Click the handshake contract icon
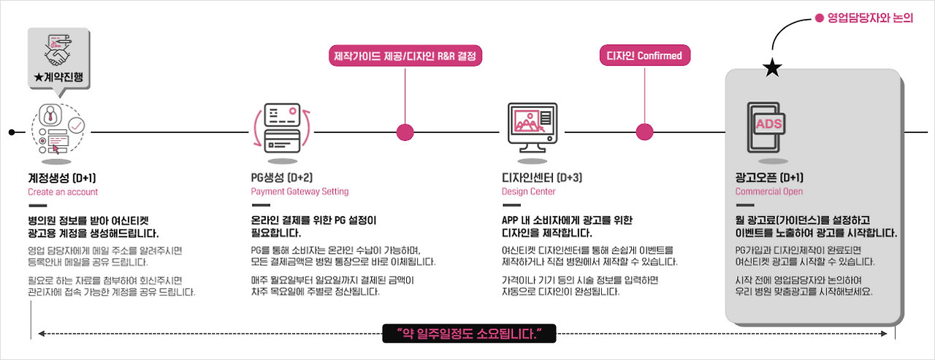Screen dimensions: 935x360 pyautogui.click(x=58, y=50)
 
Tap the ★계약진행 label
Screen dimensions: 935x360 pyautogui.click(x=58, y=77)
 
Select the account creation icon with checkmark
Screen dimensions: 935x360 pyautogui.click(x=58, y=129)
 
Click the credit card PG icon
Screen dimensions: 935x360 pyautogui.click(x=283, y=128)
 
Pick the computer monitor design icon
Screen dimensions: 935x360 pyautogui.click(x=533, y=128)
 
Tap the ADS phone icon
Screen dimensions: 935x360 pyautogui.click(x=766, y=127)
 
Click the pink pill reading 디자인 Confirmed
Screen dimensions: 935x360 pyautogui.click(x=644, y=55)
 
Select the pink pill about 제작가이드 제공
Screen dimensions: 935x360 pyautogui.click(x=405, y=56)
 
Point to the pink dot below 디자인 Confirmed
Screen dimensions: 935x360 pyautogui.click(x=644, y=132)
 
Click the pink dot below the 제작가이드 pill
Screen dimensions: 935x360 pyautogui.click(x=405, y=132)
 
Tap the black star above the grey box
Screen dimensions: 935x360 pyautogui.click(x=772, y=68)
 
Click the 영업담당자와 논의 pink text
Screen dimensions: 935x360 pyautogui.click(x=870, y=18)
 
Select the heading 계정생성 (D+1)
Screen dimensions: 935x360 pyautogui.click(x=62, y=178)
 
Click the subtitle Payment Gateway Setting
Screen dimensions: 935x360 pyautogui.click(x=299, y=191)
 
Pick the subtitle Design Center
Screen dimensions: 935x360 pyautogui.click(x=528, y=191)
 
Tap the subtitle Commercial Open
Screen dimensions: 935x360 pyautogui.click(x=769, y=191)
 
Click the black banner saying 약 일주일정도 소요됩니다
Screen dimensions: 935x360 pyautogui.click(x=469, y=334)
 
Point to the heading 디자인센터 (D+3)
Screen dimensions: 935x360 pyautogui.click(x=542, y=177)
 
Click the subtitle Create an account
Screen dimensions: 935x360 pyautogui.click(x=63, y=192)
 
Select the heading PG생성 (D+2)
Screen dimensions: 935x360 pyautogui.click(x=282, y=177)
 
